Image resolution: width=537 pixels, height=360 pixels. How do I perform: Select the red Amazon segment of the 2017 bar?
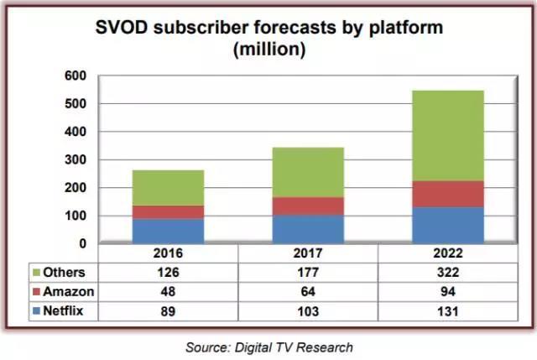coord(309,206)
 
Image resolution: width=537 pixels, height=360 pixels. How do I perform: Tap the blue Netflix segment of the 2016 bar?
coord(169,231)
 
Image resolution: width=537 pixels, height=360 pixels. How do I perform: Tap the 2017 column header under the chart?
coord(309,253)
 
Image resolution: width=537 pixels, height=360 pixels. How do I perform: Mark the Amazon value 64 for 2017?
coord(309,291)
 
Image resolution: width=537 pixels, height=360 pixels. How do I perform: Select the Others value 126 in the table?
coord(169,272)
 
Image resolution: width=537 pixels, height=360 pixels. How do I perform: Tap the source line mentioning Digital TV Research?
coord(268,346)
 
